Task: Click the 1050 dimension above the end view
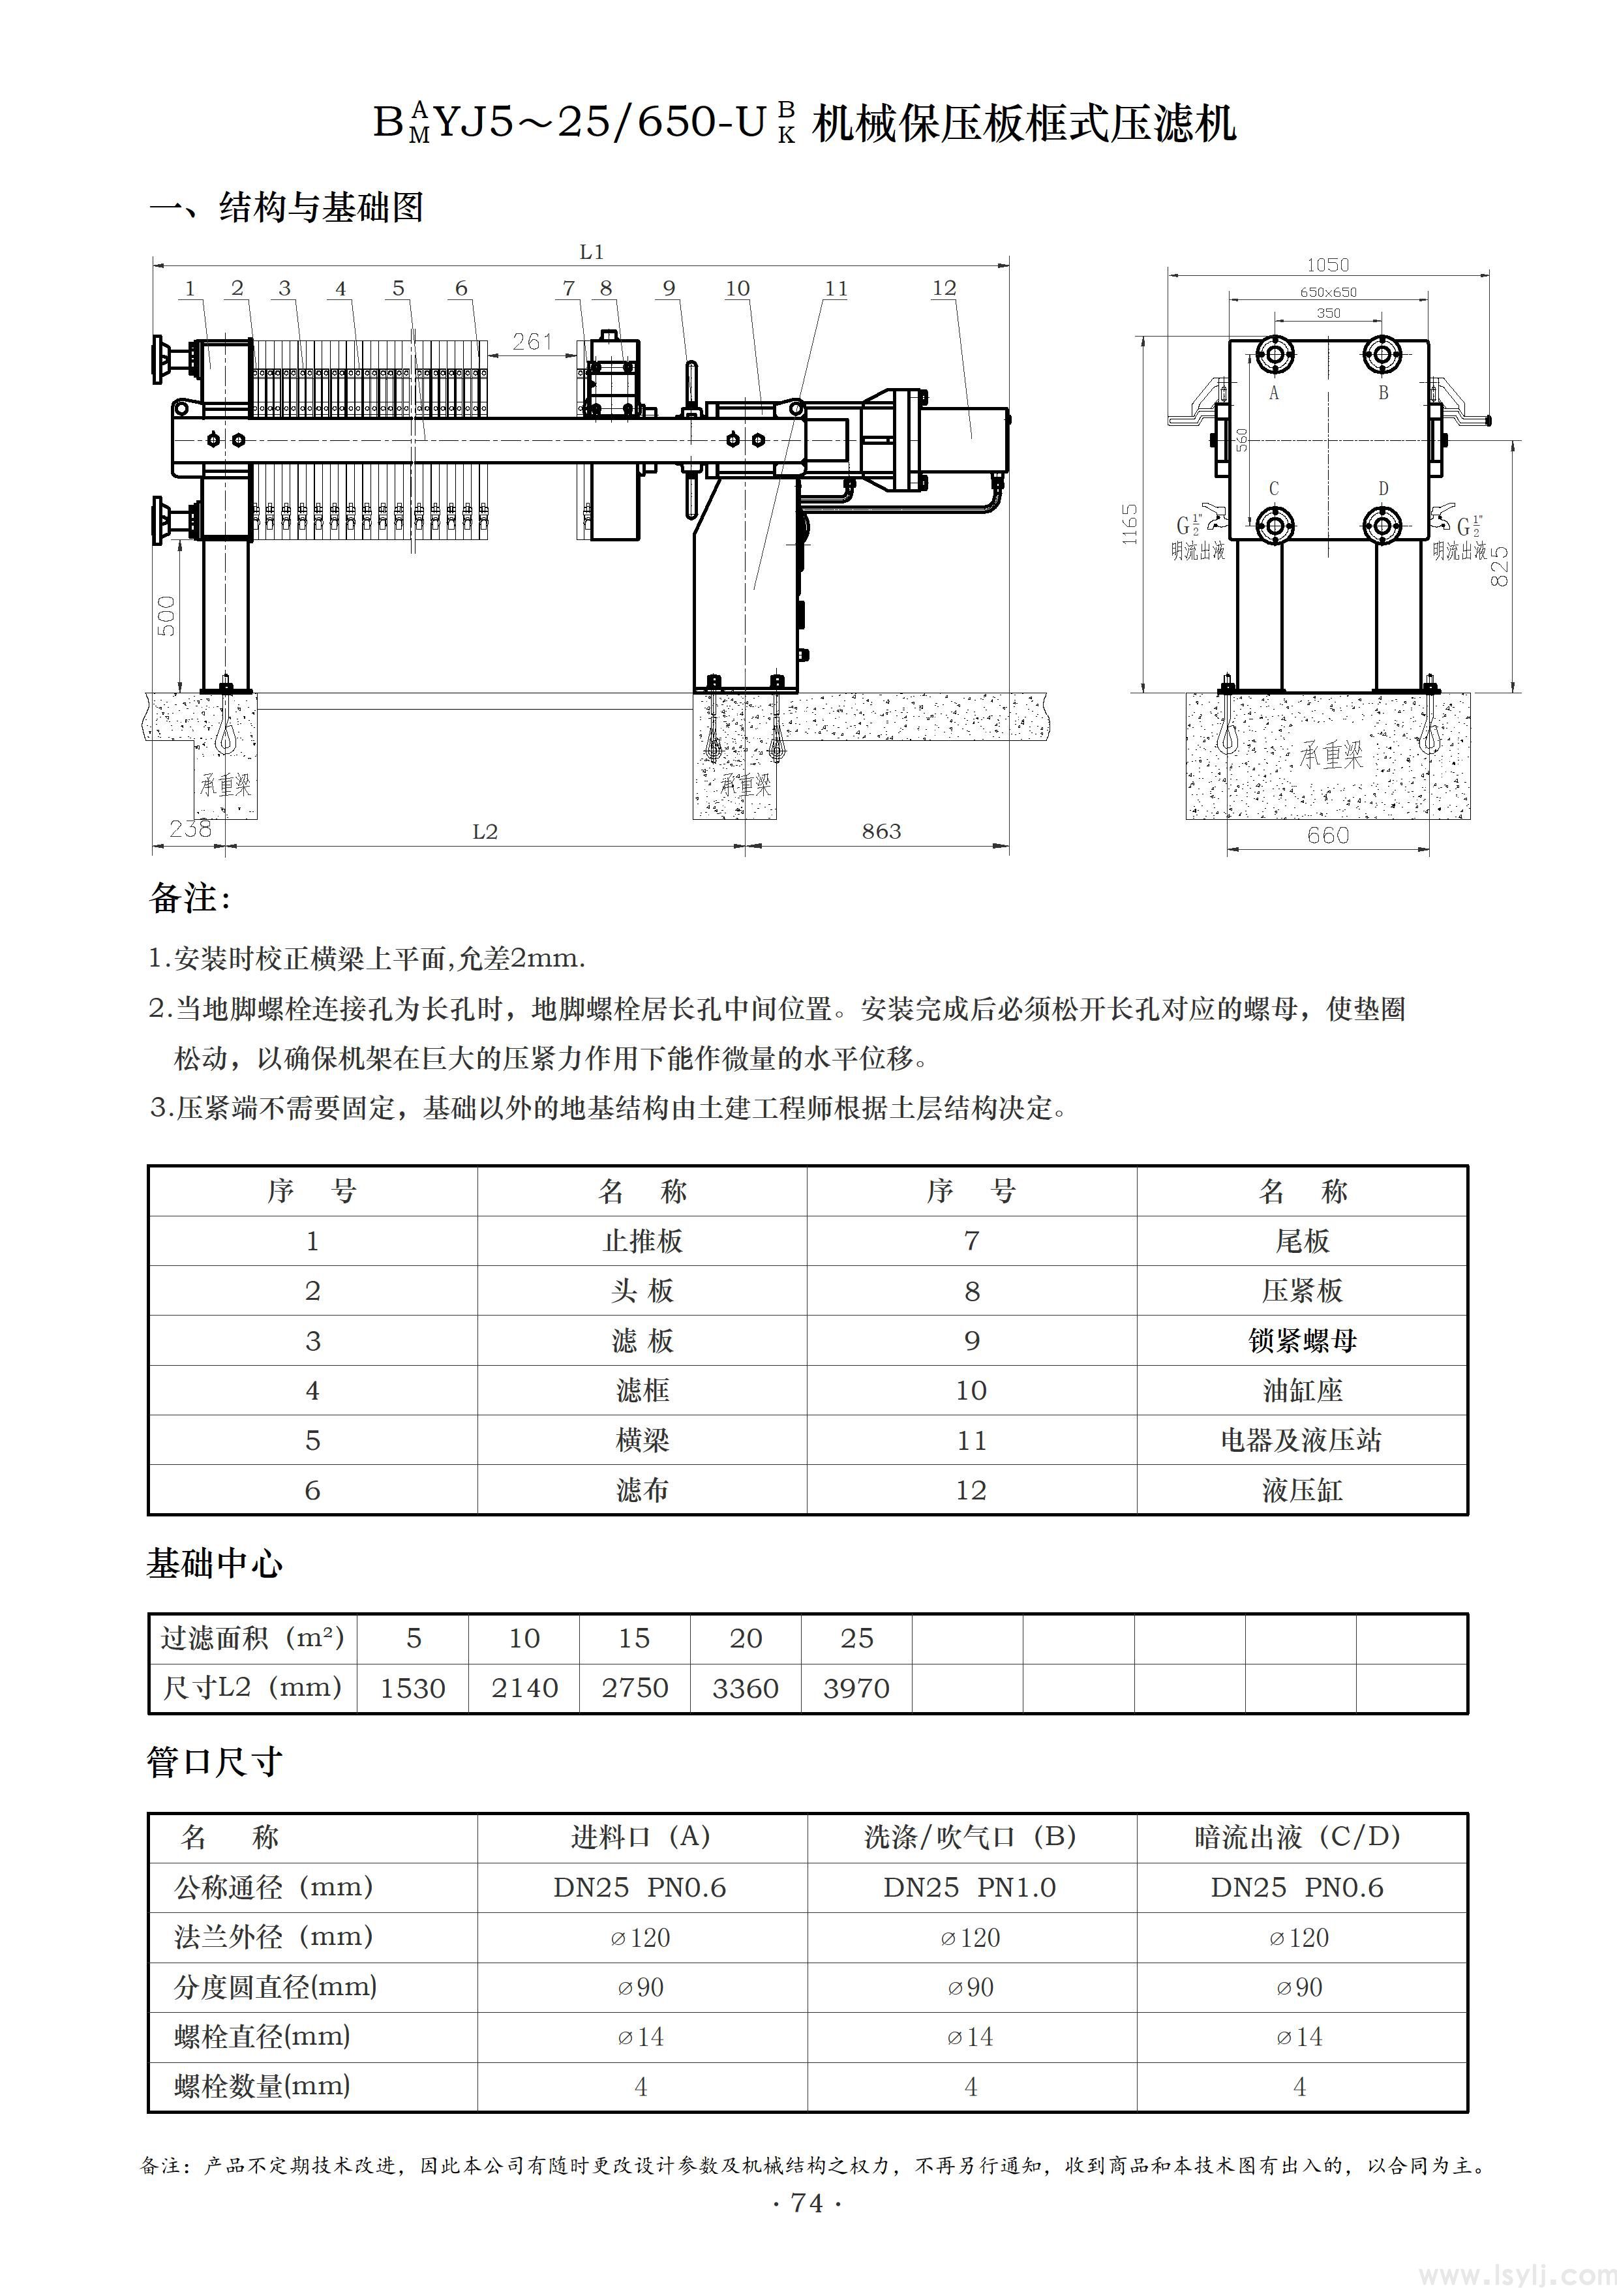pos(1327,265)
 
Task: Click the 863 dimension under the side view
pos(881,831)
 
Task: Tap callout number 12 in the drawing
pos(943,288)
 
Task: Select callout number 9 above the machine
pos(669,288)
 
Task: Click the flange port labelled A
pos(1275,353)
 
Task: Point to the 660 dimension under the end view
pos(1328,835)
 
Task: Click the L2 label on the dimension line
pos(485,831)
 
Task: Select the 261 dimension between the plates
pos(532,342)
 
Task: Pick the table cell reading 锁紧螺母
pos(1301,1340)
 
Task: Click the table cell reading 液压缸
pos(1301,1490)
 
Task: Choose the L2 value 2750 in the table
pos(635,1687)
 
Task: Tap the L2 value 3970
pos(856,1687)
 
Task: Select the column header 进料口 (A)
pos(641,1837)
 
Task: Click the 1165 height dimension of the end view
pos(1129,522)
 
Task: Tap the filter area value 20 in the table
pos(746,1638)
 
